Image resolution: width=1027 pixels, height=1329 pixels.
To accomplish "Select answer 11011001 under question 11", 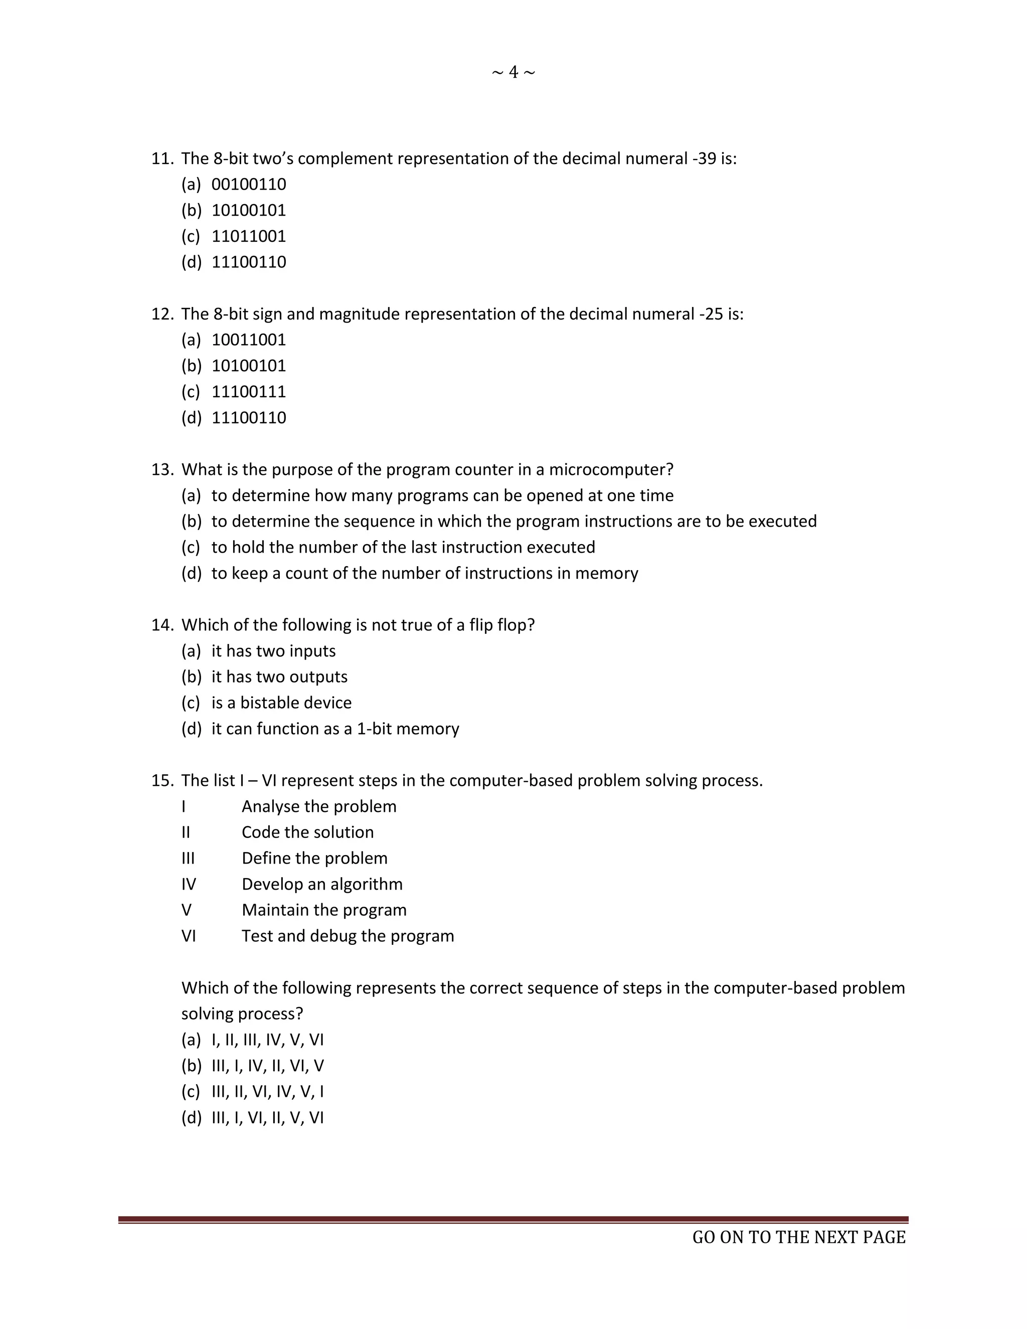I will point(248,236).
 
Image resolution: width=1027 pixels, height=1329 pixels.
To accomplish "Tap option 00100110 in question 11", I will point(248,185).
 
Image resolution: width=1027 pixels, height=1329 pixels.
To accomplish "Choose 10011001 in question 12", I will point(248,340).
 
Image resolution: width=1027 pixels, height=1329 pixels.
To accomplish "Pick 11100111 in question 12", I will point(248,391).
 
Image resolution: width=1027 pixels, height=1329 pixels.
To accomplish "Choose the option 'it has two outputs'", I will point(279,677).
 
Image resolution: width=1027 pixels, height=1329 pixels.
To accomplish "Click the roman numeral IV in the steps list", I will point(189,884).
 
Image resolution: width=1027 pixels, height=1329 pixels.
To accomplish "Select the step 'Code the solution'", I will point(307,832).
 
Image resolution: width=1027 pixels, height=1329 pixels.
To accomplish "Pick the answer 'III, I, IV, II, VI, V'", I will point(268,1066).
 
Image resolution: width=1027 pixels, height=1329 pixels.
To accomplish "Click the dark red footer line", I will point(513,1219).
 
